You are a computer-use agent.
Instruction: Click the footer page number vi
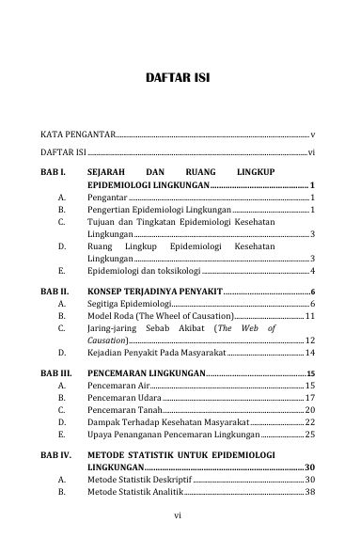pos(180,515)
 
